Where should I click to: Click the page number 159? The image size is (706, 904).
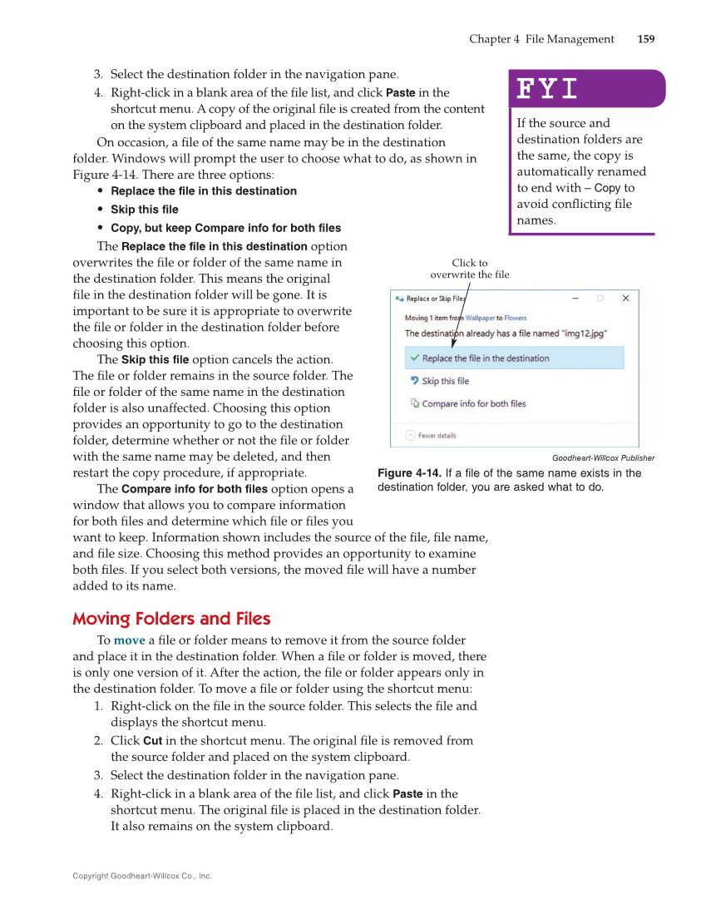click(x=645, y=39)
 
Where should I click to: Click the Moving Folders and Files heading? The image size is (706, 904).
click(x=171, y=619)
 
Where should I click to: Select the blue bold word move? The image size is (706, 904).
click(x=129, y=640)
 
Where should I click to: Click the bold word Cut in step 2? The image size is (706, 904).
click(x=152, y=740)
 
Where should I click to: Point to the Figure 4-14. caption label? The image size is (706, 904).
click(x=409, y=473)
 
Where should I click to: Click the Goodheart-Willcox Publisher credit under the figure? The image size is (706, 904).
click(x=603, y=457)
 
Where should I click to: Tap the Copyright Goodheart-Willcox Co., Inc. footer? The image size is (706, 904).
click(x=142, y=876)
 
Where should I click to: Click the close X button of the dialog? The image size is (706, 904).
click(x=625, y=298)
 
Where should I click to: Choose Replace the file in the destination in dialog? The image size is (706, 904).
click(x=486, y=358)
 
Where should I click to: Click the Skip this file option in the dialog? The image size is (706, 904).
click(x=445, y=381)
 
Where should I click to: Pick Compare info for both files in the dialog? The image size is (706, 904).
click(x=474, y=403)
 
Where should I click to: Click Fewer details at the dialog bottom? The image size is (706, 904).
click(x=437, y=435)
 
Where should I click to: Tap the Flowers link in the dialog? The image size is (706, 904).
click(x=516, y=318)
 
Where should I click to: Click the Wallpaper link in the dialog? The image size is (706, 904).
click(x=480, y=318)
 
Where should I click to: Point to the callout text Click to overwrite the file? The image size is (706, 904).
click(x=470, y=269)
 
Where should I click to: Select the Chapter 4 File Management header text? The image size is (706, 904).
click(x=541, y=39)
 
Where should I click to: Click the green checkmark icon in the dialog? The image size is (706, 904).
click(x=414, y=358)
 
